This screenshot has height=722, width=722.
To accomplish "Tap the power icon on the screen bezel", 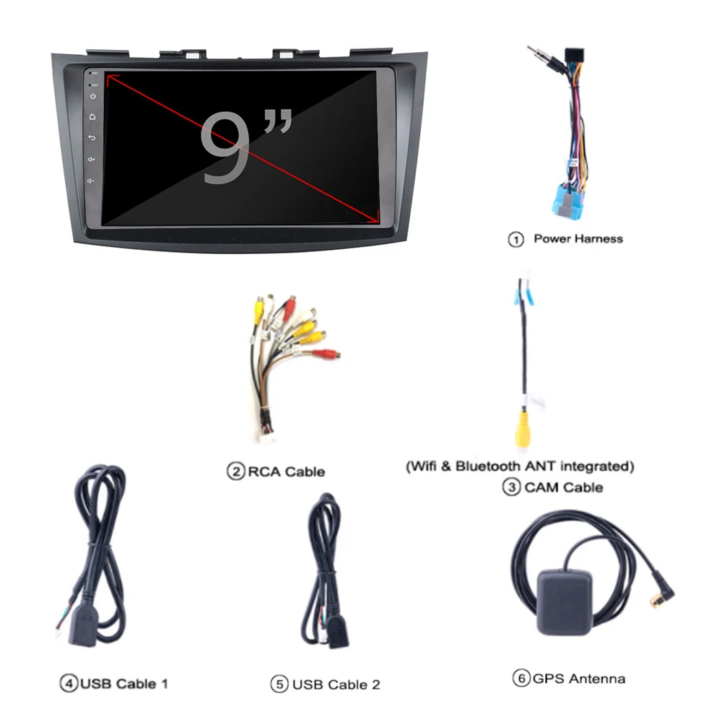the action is [x=92, y=96].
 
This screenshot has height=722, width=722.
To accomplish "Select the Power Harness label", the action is [x=577, y=238].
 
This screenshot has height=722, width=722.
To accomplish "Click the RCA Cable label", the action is [x=286, y=472].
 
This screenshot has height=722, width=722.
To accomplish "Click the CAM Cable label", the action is [x=563, y=487].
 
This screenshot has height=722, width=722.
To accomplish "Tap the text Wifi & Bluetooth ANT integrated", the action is [x=520, y=466].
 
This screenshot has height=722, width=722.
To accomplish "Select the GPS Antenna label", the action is [x=578, y=678].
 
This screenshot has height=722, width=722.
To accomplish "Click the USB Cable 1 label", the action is [x=123, y=682].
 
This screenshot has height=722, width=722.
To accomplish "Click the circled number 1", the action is [x=516, y=239].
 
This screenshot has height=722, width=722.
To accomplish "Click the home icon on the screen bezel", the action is [x=92, y=116].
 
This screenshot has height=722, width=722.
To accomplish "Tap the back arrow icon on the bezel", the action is [x=92, y=137].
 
